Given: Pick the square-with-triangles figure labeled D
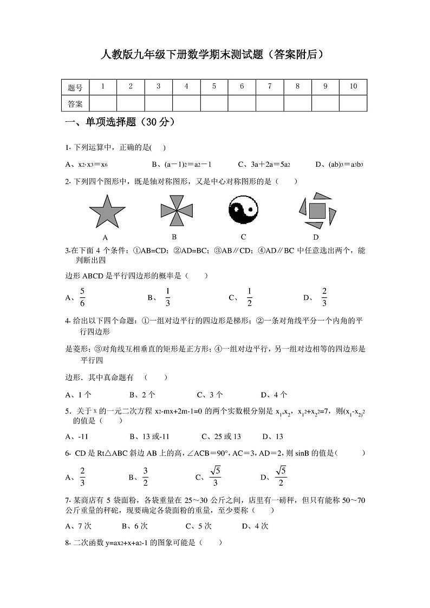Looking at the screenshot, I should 316,210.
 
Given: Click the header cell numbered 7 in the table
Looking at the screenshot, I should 270,87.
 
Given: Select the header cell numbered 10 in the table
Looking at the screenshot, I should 353,87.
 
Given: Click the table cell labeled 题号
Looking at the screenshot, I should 75,87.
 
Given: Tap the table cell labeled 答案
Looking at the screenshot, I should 75,103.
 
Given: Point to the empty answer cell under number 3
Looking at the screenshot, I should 158,103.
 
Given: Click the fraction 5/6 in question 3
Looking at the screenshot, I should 82,297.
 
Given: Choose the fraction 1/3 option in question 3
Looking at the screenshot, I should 167,297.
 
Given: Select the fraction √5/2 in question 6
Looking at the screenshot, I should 281,476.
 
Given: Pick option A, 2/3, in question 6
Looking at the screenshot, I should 82,476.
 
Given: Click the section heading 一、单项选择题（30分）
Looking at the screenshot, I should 120,122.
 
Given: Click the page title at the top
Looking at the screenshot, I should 214,54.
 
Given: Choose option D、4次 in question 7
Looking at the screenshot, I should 255,526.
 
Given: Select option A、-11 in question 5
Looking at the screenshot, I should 76,436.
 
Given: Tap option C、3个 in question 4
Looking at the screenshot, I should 210,395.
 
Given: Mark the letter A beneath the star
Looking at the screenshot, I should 105,237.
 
